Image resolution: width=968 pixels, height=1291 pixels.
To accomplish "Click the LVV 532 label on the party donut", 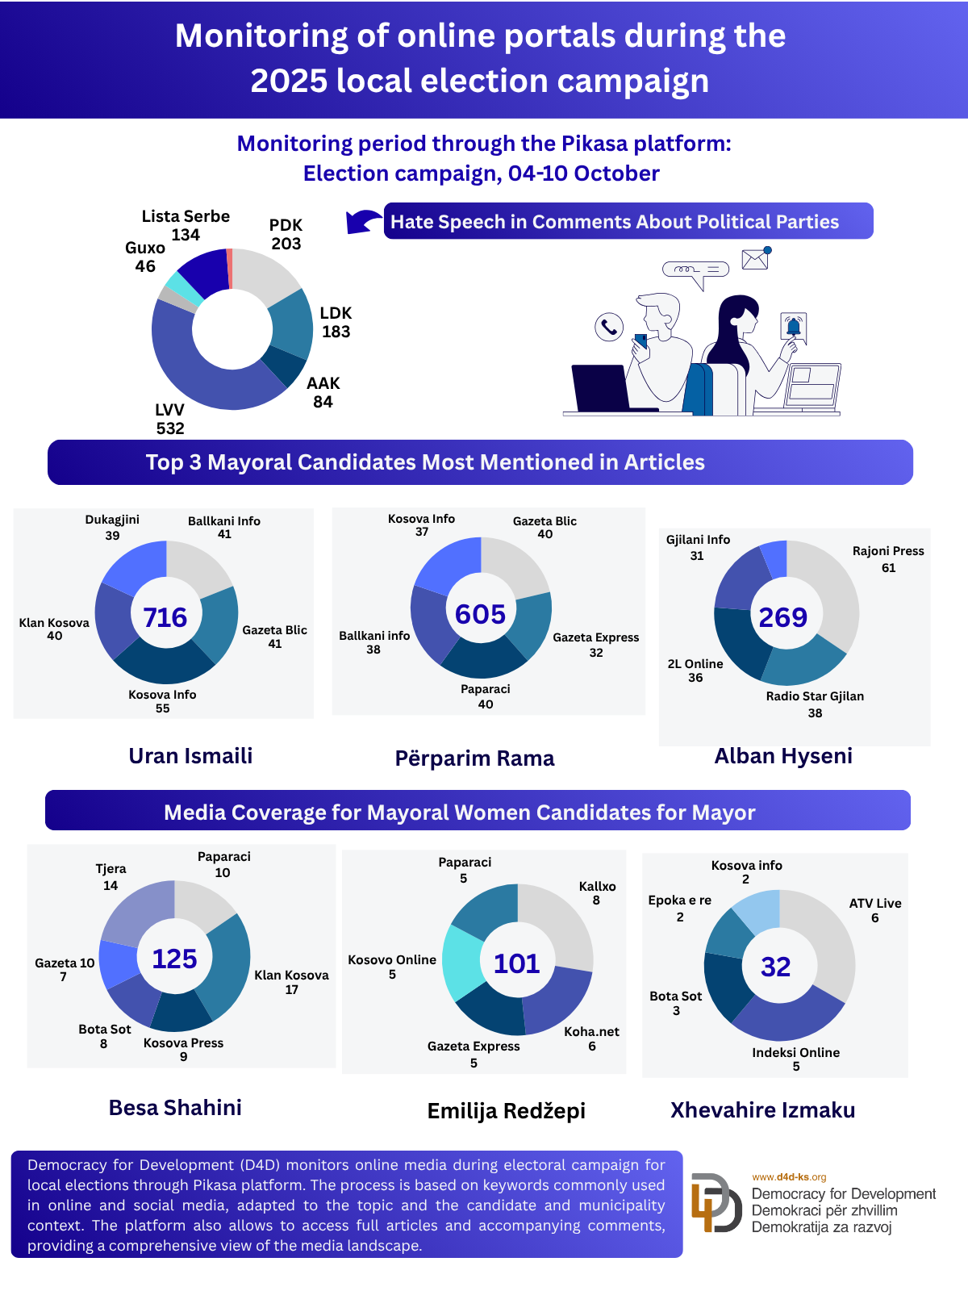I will click(x=170, y=419).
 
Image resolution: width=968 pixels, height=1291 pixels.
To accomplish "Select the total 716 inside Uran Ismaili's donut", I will click(x=165, y=617).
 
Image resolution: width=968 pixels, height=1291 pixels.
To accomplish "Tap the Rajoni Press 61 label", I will click(x=888, y=559).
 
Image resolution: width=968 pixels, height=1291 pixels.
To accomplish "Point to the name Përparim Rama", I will click(x=474, y=758).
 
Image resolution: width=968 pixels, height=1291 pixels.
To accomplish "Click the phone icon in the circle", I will click(x=609, y=327).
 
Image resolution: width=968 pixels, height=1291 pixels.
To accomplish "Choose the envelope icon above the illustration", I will click(x=755, y=259).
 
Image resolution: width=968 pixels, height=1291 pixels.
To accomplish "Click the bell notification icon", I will click(x=793, y=327).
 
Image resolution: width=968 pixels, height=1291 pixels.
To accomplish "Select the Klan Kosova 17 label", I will click(x=291, y=982).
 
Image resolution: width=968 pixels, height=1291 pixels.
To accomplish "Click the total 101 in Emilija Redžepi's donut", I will click(x=516, y=963).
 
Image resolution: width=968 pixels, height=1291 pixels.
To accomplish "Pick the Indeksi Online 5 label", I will click(x=796, y=1059).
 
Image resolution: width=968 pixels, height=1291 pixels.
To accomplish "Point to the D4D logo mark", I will click(x=716, y=1202).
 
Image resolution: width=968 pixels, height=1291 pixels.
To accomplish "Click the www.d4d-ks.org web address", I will click(x=789, y=1177).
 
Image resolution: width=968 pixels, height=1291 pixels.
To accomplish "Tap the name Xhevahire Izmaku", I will click(x=762, y=1110).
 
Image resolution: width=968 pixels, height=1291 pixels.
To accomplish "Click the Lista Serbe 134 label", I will click(x=186, y=225).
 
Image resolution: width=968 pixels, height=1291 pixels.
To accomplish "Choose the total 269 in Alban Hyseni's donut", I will click(x=782, y=617).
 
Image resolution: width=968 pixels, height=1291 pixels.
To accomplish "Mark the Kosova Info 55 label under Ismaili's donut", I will click(x=162, y=701).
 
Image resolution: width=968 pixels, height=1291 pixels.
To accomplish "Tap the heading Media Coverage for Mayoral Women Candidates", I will click(x=460, y=812).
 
